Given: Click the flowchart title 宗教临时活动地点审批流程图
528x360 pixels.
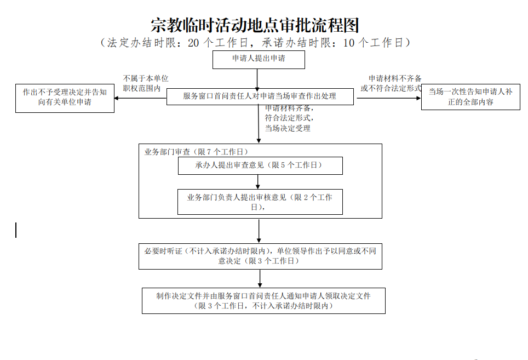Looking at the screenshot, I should pyautogui.click(x=255, y=25).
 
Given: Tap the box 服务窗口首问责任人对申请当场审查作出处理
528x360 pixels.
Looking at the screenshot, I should pyautogui.click(x=260, y=96).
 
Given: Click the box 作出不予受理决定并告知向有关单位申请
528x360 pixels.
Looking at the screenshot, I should pyautogui.click(x=65, y=98).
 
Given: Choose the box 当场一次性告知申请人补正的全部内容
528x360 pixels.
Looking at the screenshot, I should pyautogui.click(x=470, y=96).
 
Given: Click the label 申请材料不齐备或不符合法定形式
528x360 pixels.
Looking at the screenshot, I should pyautogui.click(x=391, y=83).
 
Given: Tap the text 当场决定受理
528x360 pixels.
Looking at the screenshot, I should pyautogui.click(x=288, y=128).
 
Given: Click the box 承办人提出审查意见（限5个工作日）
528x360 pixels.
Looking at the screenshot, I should pyautogui.click(x=260, y=165).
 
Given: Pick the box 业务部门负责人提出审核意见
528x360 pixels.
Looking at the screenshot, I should pyautogui.click(x=260, y=202).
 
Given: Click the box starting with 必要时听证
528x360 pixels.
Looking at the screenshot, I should pyautogui.click(x=260, y=256).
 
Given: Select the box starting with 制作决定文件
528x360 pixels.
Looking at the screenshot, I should pyautogui.click(x=263, y=301).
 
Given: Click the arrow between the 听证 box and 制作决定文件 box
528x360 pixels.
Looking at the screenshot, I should pyautogui.click(x=260, y=278).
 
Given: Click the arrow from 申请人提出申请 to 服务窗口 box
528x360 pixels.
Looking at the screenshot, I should pyautogui.click(x=259, y=78).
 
